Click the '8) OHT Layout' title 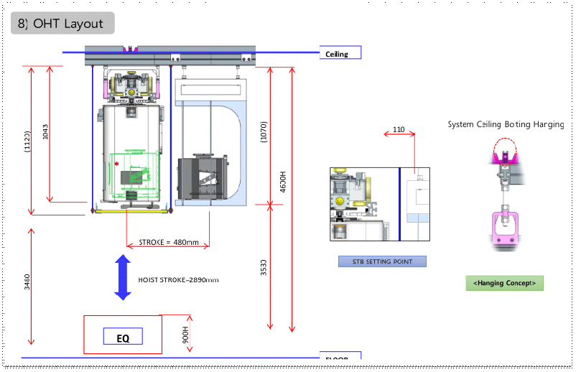(62, 24)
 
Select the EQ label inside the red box (123, 337)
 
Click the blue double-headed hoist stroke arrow (122, 277)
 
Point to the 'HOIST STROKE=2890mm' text (178, 279)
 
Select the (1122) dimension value (27, 141)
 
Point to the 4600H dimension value (283, 180)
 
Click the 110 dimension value (399, 130)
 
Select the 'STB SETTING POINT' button (382, 261)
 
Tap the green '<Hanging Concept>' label (504, 283)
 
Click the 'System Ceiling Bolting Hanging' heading (505, 124)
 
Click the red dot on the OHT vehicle (116, 164)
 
